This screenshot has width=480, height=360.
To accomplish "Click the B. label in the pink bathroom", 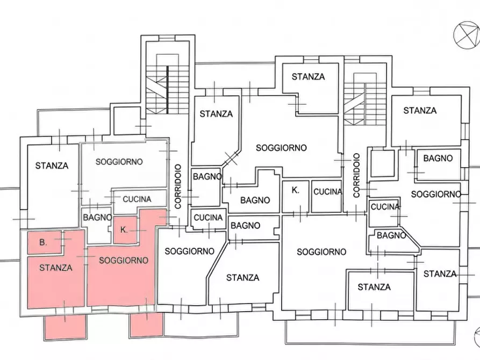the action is click(x=43, y=242).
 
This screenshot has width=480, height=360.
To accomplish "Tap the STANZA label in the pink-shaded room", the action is click(x=56, y=268).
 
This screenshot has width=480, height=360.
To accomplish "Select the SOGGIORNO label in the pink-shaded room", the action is click(x=124, y=261).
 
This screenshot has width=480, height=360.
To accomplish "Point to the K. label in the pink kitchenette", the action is click(x=124, y=229).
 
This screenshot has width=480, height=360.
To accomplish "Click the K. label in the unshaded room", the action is click(x=296, y=190).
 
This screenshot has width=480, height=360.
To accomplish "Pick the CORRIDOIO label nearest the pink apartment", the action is click(x=178, y=186).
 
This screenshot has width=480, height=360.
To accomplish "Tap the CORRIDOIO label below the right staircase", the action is click(x=356, y=175).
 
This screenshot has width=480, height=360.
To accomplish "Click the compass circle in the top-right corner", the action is click(x=467, y=35).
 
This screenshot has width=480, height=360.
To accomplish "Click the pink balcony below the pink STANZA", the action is click(x=65, y=327).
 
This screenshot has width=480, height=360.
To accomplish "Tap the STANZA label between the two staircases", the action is click(x=308, y=76).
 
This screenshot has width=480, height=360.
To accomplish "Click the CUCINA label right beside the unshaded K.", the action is click(x=327, y=192).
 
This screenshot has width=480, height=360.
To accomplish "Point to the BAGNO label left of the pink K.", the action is click(x=97, y=218).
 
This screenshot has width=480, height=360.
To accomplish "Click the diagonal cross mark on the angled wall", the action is click(x=231, y=158).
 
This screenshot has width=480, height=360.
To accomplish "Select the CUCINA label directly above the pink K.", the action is click(x=137, y=199).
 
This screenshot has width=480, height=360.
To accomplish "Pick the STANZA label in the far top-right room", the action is click(x=420, y=111).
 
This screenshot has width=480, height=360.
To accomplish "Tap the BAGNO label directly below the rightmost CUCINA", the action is click(x=391, y=235).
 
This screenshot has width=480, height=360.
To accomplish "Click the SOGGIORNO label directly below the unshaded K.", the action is click(x=321, y=252).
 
